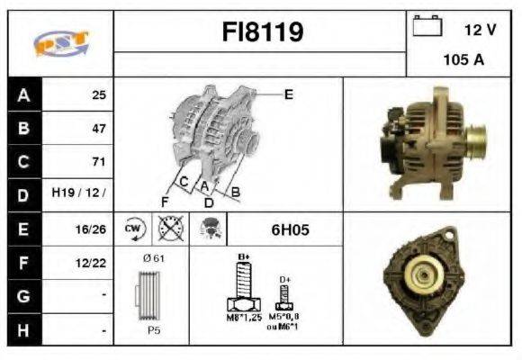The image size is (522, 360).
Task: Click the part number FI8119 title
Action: click(x=262, y=33)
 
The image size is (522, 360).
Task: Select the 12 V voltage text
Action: click(x=480, y=29)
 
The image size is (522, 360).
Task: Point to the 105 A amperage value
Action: click(x=463, y=59)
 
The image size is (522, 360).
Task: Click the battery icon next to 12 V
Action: click(x=426, y=27)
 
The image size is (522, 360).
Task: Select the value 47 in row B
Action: click(x=98, y=129)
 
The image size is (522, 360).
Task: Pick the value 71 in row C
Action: click(x=98, y=162)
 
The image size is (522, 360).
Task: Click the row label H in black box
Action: click(x=23, y=330)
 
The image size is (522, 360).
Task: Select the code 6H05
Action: click(x=290, y=229)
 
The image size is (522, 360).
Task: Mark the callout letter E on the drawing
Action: click(x=288, y=94)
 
